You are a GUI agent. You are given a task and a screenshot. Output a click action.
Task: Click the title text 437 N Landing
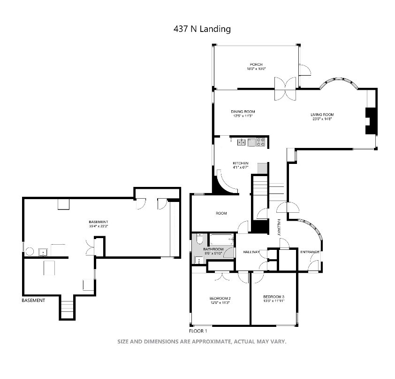(202, 29)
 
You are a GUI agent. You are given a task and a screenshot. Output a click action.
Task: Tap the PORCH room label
(256, 64)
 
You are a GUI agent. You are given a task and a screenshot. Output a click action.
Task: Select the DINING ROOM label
(243, 111)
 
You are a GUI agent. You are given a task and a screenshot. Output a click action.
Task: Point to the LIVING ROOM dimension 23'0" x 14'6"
(322, 119)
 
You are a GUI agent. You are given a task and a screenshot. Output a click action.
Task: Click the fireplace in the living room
(371, 122)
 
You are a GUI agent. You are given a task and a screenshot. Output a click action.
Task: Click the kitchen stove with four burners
(260, 141)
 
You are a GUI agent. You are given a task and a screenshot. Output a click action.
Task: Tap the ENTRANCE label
(310, 252)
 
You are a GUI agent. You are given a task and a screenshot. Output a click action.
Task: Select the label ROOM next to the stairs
(221, 213)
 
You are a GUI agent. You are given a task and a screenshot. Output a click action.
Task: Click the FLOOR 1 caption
(198, 331)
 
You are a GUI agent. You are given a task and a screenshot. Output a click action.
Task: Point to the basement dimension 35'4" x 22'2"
(99, 226)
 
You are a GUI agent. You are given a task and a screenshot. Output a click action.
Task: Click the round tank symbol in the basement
(28, 251)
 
